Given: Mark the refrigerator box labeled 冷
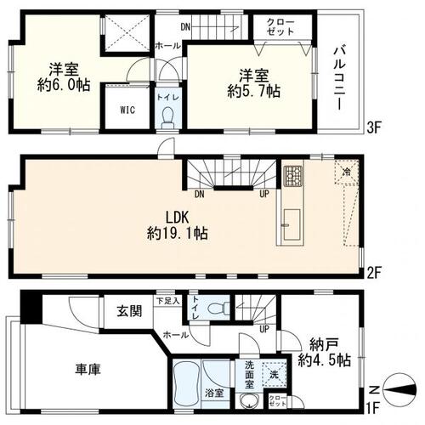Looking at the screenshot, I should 346,171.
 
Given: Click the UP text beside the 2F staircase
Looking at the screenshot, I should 265,192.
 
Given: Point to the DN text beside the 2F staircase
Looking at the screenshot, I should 199,192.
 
